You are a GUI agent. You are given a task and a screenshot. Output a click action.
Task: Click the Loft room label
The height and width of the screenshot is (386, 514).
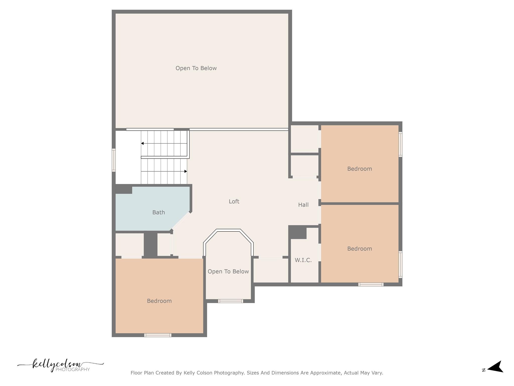(x=234, y=202)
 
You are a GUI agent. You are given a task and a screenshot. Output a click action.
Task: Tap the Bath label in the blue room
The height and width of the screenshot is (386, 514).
(x=159, y=213)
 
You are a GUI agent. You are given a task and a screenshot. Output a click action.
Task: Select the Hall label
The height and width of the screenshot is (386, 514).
(x=303, y=205)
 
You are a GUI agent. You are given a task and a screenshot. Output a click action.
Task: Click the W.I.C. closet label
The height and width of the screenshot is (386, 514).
(x=303, y=260)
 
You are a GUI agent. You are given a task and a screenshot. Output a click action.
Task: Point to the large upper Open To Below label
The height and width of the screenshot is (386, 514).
(x=196, y=68)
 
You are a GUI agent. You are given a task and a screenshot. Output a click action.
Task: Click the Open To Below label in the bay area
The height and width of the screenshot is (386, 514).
(x=228, y=272)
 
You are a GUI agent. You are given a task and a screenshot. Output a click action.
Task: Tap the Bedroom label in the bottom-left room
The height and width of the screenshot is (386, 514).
(x=159, y=301)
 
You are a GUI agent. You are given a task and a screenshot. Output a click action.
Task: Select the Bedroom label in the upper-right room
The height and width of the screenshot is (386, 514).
(x=359, y=169)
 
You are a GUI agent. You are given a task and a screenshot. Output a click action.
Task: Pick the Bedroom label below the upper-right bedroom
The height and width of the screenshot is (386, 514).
(x=359, y=249)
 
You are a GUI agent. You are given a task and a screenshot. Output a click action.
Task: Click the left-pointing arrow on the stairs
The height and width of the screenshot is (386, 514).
(x=142, y=143)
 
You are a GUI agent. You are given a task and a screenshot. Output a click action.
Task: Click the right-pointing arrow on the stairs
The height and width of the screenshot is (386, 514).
(x=186, y=171)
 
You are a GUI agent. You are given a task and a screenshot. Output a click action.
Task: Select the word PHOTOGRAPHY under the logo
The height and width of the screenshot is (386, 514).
(x=73, y=369)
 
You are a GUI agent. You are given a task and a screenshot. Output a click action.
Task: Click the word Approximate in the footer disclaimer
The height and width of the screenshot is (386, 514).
(x=326, y=373)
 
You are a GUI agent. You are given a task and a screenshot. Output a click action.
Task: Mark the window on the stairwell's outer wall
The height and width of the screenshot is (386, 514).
(x=114, y=160)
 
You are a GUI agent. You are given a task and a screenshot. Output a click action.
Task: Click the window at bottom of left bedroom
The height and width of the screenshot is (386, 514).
(x=158, y=335)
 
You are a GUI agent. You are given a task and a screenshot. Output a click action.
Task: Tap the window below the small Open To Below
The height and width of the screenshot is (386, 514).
(x=230, y=301)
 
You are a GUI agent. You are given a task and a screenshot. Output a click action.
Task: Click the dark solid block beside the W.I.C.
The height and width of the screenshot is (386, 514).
(x=297, y=232)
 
